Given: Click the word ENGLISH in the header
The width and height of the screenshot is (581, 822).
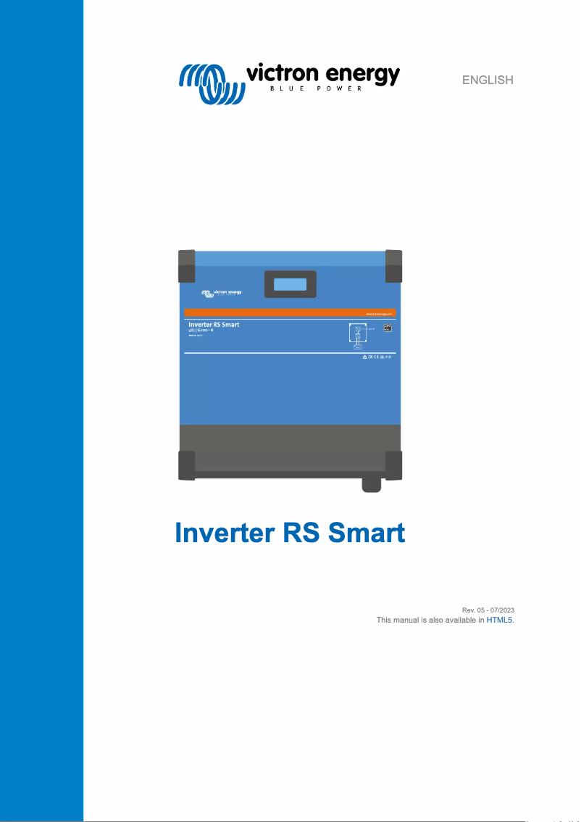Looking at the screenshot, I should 488,80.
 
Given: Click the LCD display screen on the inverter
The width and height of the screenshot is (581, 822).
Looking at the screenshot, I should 290,283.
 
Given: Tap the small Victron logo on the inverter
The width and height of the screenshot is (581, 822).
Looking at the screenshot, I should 222,294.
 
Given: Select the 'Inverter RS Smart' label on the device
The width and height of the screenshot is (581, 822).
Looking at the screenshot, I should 214,325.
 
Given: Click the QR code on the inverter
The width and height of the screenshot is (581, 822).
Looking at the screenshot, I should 388,328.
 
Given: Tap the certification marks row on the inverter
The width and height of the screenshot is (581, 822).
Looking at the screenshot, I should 377,358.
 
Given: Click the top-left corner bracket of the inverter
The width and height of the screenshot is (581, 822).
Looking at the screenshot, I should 186,266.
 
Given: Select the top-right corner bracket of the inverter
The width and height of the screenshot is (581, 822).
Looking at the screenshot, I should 393,266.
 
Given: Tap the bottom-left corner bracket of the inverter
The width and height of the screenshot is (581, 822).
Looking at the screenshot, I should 186,465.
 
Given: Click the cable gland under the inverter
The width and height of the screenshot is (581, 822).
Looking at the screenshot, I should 371,484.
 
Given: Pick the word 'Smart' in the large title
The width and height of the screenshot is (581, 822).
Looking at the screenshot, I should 366,534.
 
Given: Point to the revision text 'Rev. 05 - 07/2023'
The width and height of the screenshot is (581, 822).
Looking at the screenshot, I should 488,610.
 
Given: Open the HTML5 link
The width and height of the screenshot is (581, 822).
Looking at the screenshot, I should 499,620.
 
